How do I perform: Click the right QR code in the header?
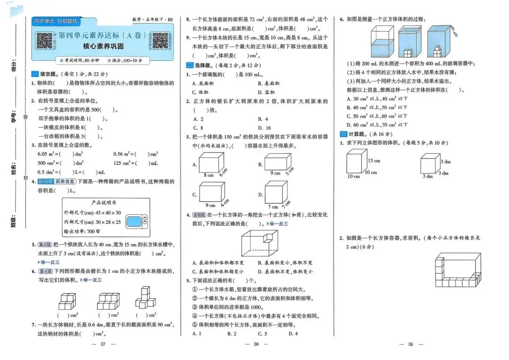pyautogui.click(x=160, y=41)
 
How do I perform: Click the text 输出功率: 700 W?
pyautogui.click(x=83, y=231)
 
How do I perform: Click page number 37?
pyautogui.click(x=102, y=344)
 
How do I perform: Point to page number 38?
pyautogui.click(x=256, y=344)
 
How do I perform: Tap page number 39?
pyautogui.click(x=410, y=344)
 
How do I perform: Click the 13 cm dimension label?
pyautogui.click(x=374, y=161)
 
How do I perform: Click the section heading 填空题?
pyautogui.click(x=46, y=74)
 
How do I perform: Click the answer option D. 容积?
pyautogui.click(x=266, y=92)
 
